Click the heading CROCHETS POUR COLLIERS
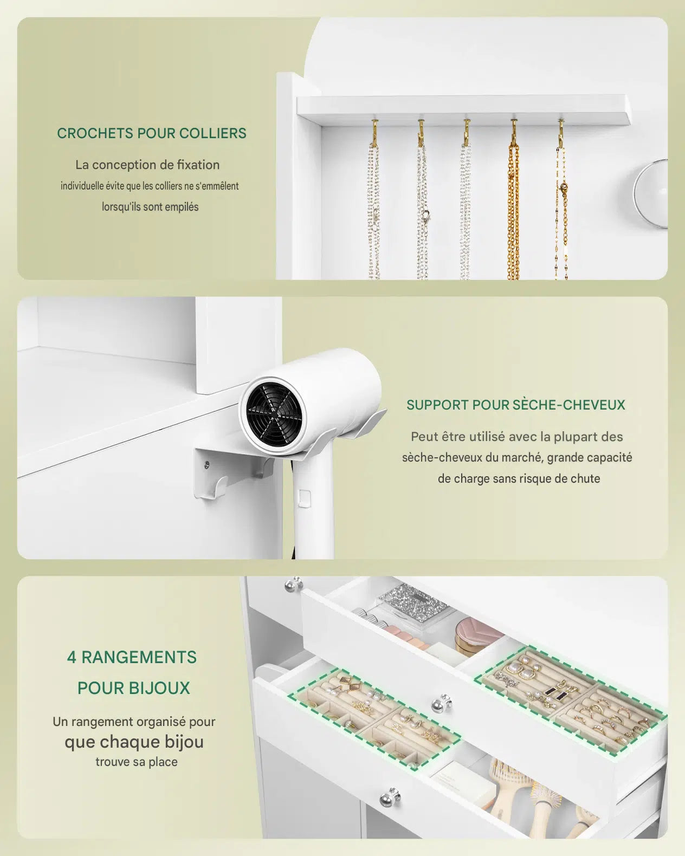pyautogui.click(x=152, y=134)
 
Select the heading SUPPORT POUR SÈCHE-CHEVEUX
pyautogui.click(x=516, y=405)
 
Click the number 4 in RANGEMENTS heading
pyautogui.click(x=72, y=658)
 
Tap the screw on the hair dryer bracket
pyautogui.click(x=206, y=463)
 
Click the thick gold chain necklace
pyautogui.click(x=513, y=211)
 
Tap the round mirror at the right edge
pyautogui.click(x=651, y=193)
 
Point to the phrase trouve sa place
pyautogui.click(x=137, y=762)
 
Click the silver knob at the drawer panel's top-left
pyautogui.click(x=294, y=584)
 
